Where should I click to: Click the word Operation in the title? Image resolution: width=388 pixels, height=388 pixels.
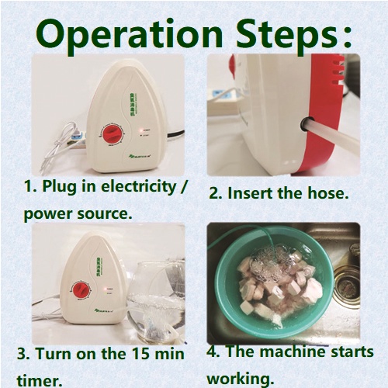click(129, 35)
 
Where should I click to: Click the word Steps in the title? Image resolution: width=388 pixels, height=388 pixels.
click(287, 35)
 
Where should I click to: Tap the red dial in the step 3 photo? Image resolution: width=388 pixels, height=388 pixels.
click(81, 291)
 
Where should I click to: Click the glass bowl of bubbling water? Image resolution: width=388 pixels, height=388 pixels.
click(156, 302)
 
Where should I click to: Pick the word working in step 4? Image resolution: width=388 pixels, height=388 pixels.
click(240, 379)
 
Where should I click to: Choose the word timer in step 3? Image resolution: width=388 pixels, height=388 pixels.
click(40, 381)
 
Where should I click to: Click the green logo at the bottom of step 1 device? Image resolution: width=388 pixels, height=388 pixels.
click(140, 156)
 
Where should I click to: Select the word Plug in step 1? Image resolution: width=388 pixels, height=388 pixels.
click(59, 187)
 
